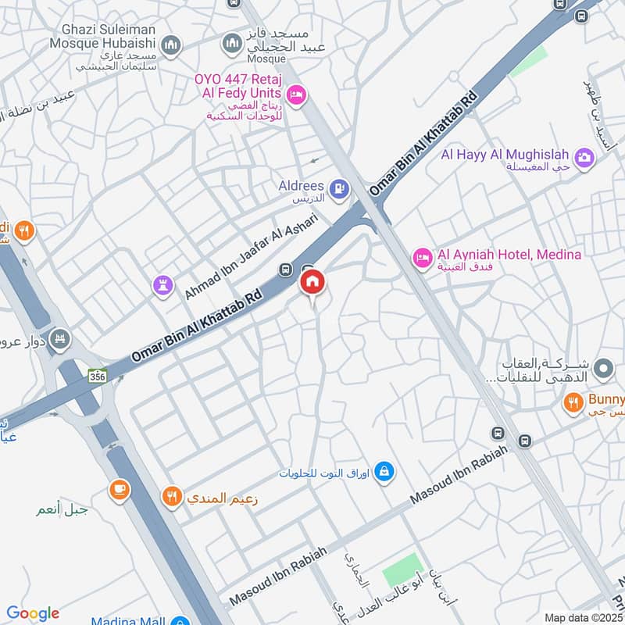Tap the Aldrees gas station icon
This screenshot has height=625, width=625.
click(x=338, y=187)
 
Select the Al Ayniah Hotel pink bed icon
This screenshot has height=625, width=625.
click(x=422, y=257)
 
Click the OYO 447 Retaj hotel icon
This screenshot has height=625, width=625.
click(x=296, y=95)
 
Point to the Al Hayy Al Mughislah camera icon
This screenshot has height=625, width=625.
click(x=584, y=158)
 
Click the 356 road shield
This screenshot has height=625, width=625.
click(x=98, y=374)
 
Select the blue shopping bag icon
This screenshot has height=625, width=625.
click(x=384, y=471)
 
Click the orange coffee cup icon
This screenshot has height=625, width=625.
click(x=119, y=489)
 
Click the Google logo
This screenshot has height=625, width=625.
click(x=33, y=613)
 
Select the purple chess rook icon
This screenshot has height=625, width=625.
click(x=162, y=285)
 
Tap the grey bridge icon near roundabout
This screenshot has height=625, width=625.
click(x=59, y=340)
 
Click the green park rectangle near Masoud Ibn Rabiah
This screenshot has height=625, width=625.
click(x=402, y=572)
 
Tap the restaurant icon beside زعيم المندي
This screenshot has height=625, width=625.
click(x=172, y=495)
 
